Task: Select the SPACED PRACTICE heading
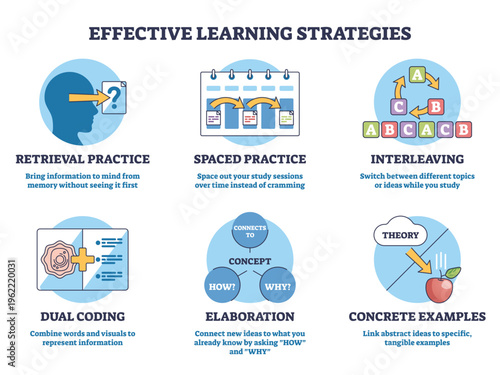tap(249, 158)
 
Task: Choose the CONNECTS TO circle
tap(249, 232)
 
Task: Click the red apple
tap(440, 287)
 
